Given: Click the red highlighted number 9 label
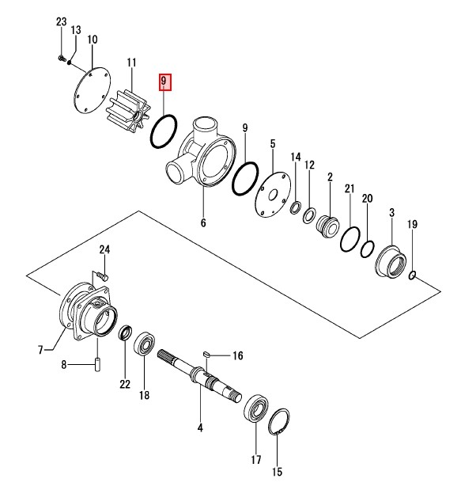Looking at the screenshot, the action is [x=164, y=82].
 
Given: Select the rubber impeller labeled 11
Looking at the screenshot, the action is [x=128, y=111].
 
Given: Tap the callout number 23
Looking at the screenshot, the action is [x=61, y=22].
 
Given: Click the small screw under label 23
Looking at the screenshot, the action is [x=61, y=58].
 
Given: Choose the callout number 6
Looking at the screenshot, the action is [x=203, y=222].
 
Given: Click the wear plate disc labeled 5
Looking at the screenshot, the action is [x=273, y=195].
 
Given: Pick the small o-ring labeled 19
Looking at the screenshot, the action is [x=412, y=275].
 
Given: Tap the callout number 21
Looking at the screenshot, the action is [x=350, y=188].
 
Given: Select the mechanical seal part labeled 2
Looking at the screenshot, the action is [x=327, y=226].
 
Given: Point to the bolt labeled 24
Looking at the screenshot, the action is [x=102, y=276].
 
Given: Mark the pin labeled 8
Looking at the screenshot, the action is [x=97, y=365].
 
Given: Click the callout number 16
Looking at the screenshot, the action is [x=238, y=355].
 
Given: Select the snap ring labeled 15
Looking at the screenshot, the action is [x=278, y=421].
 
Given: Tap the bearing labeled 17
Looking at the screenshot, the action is [x=256, y=408].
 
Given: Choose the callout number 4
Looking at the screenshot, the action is [x=200, y=427].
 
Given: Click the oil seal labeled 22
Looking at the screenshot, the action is [x=125, y=332].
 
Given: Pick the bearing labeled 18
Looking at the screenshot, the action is [x=145, y=344].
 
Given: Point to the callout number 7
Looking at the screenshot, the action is [x=40, y=350].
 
